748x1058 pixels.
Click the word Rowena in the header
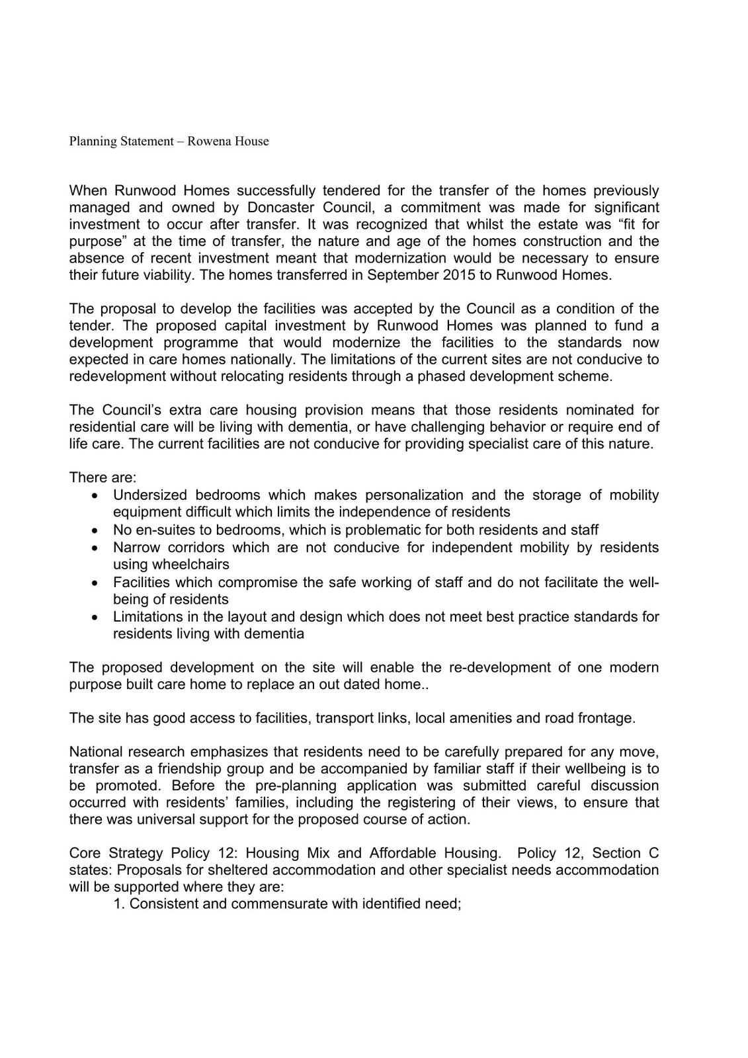(x=208, y=142)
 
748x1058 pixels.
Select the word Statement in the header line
(x=145, y=142)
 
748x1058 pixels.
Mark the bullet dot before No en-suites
(x=97, y=530)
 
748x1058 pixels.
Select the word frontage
(x=603, y=718)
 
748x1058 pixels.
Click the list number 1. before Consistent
(x=119, y=903)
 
